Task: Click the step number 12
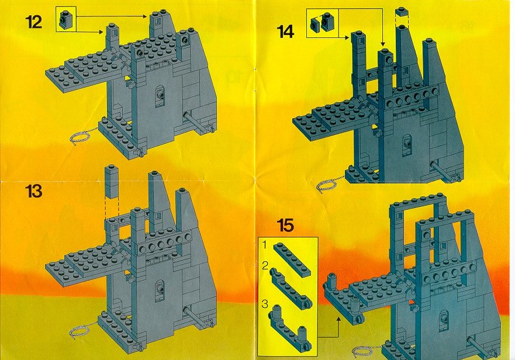33,22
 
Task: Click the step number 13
33,191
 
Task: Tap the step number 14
285,32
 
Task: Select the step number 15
285,226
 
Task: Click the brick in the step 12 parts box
65,19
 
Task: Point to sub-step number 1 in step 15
265,245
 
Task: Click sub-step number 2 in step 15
265,266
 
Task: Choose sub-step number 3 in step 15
265,304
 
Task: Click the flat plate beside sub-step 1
292,260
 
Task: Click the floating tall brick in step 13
112,181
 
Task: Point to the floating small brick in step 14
402,12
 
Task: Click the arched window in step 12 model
160,96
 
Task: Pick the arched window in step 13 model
160,291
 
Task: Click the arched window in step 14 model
407,144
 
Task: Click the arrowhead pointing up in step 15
338,319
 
